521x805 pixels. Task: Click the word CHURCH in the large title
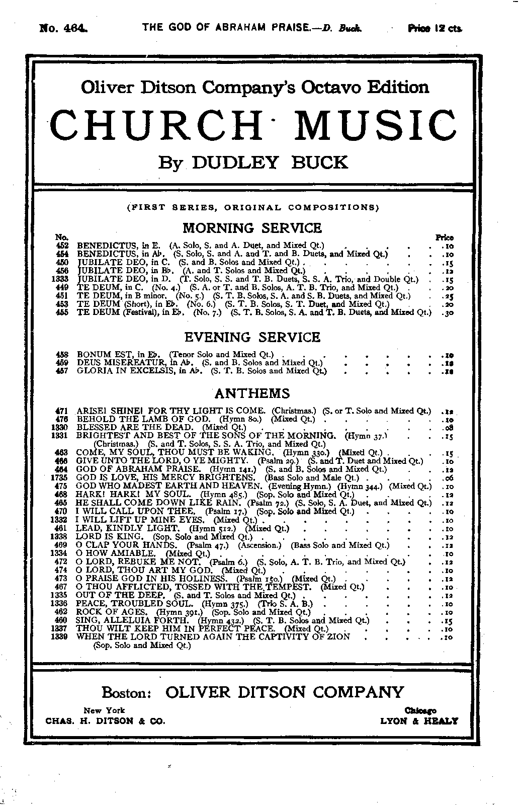[x=157, y=125]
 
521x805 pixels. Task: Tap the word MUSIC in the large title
[x=377, y=125]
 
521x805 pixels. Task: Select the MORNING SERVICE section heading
[x=251, y=228]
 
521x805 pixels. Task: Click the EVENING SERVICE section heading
[x=251, y=337]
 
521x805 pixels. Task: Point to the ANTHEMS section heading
[x=252, y=393]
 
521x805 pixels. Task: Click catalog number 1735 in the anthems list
[x=60, y=477]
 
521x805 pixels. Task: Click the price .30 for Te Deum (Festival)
[x=447, y=312]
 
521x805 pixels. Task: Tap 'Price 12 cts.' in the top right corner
[x=435, y=28]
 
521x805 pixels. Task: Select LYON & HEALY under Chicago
[x=419, y=720]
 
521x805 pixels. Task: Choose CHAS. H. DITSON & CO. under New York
[x=105, y=720]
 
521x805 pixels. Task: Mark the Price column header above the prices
[x=445, y=237]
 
